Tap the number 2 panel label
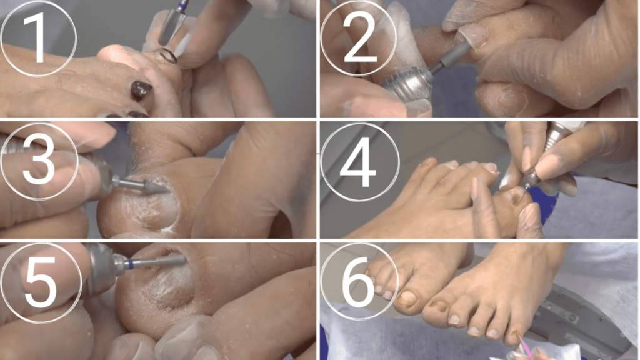point(359,37)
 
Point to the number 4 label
point(358,162)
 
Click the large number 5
point(41,282)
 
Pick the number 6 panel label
point(357,282)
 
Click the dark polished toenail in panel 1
point(141,90)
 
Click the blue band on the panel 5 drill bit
point(129,264)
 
